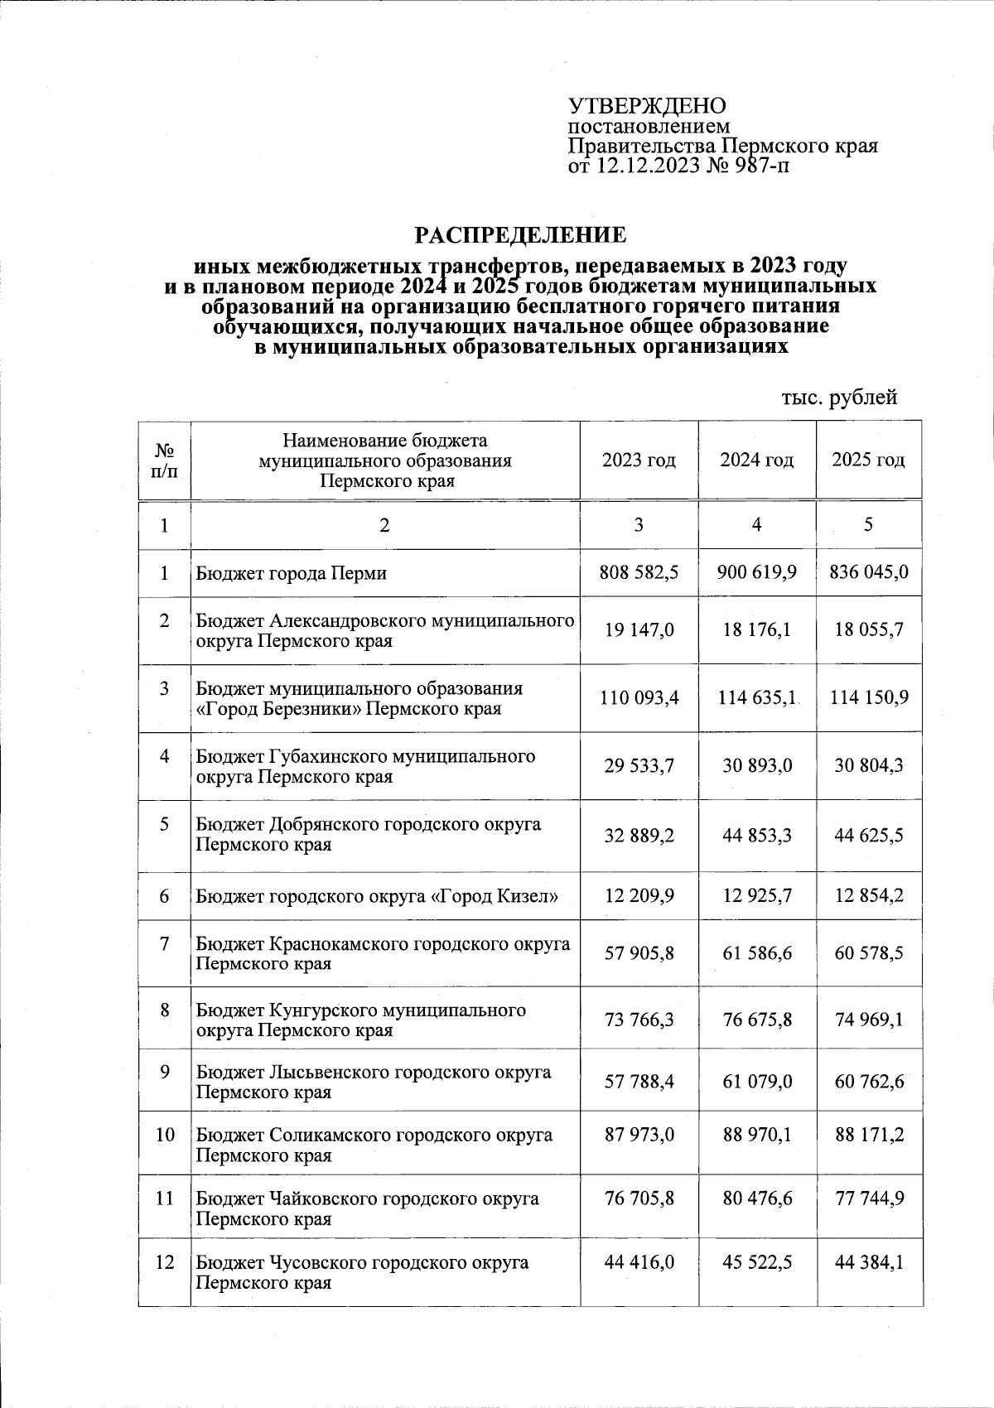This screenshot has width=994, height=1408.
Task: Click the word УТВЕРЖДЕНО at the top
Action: [646, 106]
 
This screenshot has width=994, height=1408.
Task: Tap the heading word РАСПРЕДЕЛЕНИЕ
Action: [520, 235]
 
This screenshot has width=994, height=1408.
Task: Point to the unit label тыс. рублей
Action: [839, 398]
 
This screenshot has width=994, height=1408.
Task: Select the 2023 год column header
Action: [638, 460]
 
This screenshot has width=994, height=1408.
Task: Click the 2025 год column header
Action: [868, 460]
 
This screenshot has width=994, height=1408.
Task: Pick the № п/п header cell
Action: [164, 460]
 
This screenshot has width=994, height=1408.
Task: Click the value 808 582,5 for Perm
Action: [638, 572]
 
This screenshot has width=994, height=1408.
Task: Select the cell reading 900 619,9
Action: [756, 572]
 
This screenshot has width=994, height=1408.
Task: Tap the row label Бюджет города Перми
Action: [292, 573]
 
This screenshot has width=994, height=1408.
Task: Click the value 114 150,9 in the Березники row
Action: [868, 698]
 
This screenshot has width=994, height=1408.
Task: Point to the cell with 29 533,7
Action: [638, 766]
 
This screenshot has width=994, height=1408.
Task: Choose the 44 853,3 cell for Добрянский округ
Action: [756, 835]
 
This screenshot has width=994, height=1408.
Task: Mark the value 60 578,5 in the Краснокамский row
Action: [868, 953]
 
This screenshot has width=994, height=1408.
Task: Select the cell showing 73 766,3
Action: [638, 1020]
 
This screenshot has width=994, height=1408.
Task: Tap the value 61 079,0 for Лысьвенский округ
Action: [756, 1081]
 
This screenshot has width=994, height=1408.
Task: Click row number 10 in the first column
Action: [164, 1134]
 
